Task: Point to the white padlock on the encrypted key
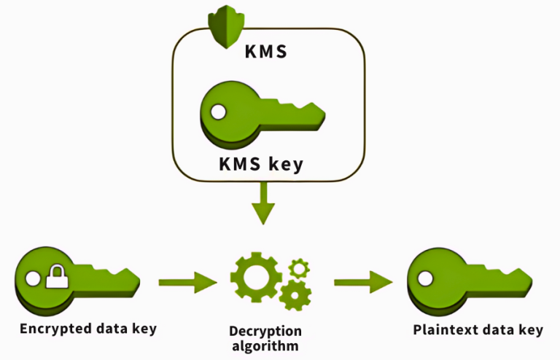tap(55, 278)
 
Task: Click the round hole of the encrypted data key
tap(31, 278)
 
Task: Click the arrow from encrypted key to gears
tap(187, 281)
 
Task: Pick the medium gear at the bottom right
tap(295, 294)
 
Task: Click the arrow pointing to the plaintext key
tap(362, 281)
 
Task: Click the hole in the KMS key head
tap(218, 111)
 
